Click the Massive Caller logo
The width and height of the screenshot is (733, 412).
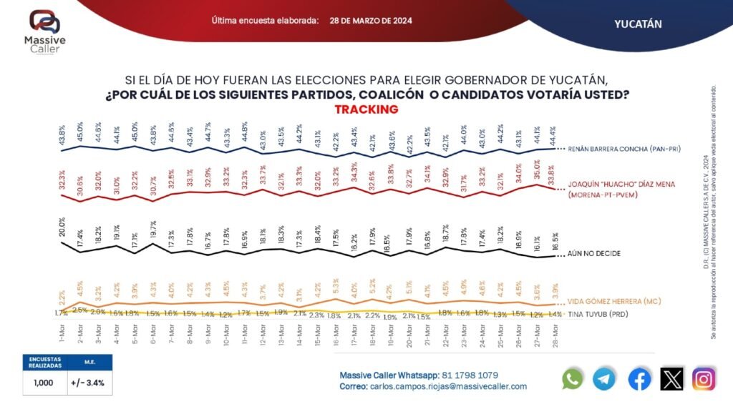[x=44, y=32]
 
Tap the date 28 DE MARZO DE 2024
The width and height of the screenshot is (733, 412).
[x=370, y=21]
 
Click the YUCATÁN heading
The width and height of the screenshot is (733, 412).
[x=637, y=24]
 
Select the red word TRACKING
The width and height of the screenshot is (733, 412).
[x=366, y=109]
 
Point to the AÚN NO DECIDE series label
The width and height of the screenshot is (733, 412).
[x=593, y=253]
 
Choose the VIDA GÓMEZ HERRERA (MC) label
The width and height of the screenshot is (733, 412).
[x=613, y=302]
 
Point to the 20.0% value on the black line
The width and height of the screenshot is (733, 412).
[x=62, y=230]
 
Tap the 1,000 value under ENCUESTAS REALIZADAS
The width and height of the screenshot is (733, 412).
[x=44, y=383]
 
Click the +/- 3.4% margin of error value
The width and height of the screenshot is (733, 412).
[x=88, y=383]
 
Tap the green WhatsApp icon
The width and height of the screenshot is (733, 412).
[x=573, y=379]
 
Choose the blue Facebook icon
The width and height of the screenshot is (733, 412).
[x=639, y=379]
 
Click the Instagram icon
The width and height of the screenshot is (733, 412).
[x=704, y=379]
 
